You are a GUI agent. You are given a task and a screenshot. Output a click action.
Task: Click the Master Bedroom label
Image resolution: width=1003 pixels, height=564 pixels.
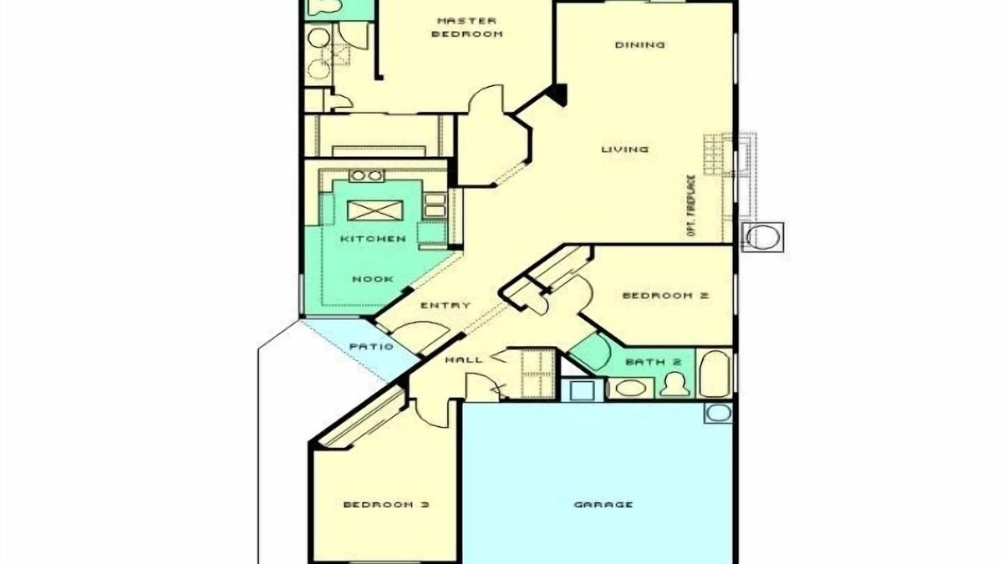(x=467, y=28)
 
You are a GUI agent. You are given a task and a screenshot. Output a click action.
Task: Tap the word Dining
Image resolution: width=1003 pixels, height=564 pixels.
(x=640, y=45)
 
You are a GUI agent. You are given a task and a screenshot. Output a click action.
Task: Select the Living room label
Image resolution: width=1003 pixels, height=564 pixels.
(x=625, y=149)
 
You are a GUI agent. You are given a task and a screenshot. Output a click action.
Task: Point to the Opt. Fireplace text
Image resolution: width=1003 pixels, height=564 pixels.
(x=691, y=206)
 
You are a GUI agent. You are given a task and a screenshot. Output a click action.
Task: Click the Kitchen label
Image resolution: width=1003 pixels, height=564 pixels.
(x=373, y=239)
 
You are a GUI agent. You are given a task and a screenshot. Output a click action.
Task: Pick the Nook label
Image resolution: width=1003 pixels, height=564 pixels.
(x=373, y=279)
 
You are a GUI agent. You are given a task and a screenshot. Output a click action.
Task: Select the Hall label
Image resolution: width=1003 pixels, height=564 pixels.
(x=464, y=359)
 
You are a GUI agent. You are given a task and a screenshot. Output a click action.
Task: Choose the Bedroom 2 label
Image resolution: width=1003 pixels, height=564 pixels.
(x=665, y=296)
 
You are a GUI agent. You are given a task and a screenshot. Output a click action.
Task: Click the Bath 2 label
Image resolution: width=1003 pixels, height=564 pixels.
(x=654, y=362)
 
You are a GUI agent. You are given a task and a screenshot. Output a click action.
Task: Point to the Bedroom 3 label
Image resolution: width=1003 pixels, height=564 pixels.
(x=386, y=505)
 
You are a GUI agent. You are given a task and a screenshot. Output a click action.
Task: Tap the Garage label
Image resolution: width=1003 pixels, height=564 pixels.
(x=603, y=505)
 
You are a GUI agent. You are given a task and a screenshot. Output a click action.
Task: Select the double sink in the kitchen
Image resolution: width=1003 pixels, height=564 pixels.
(x=366, y=175)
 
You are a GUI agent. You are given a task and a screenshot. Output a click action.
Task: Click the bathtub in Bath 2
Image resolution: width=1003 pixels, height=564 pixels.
(x=715, y=374)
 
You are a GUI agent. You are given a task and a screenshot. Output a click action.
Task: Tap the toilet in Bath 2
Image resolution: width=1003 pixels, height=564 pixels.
(x=675, y=385)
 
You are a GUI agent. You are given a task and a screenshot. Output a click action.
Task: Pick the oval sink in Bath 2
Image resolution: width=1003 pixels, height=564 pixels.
(x=629, y=388)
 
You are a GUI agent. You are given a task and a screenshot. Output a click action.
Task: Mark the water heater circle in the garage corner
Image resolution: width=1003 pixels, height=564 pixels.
(x=718, y=413)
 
